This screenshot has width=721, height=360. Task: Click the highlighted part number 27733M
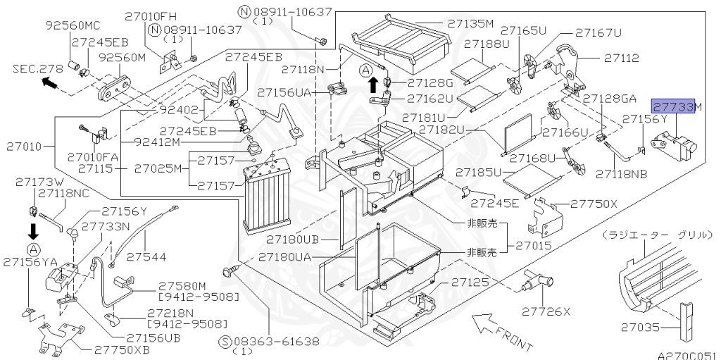click(x=672, y=106)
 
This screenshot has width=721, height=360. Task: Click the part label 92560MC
click(x=73, y=25)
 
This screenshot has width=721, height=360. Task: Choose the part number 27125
click(x=470, y=282)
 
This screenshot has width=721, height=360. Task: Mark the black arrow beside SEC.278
click(x=49, y=83)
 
